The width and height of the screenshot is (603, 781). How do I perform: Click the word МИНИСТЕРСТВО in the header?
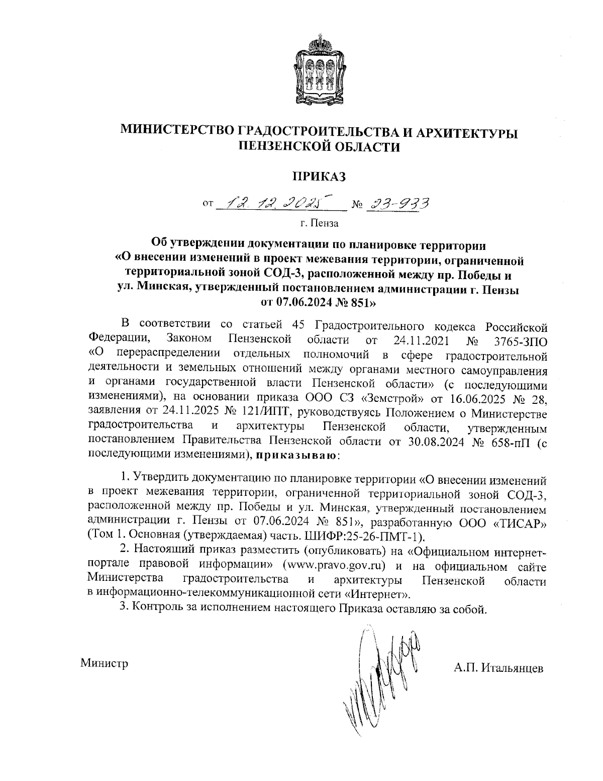pyautogui.click(x=176, y=132)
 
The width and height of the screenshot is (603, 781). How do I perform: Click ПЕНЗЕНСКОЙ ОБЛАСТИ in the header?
pyautogui.click(x=320, y=146)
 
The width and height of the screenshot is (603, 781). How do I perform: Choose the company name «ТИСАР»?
pyautogui.click(x=521, y=522)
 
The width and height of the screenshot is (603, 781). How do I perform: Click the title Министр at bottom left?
pyautogui.click(x=105, y=663)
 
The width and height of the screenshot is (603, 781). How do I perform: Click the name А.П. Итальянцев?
pyautogui.click(x=497, y=667)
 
